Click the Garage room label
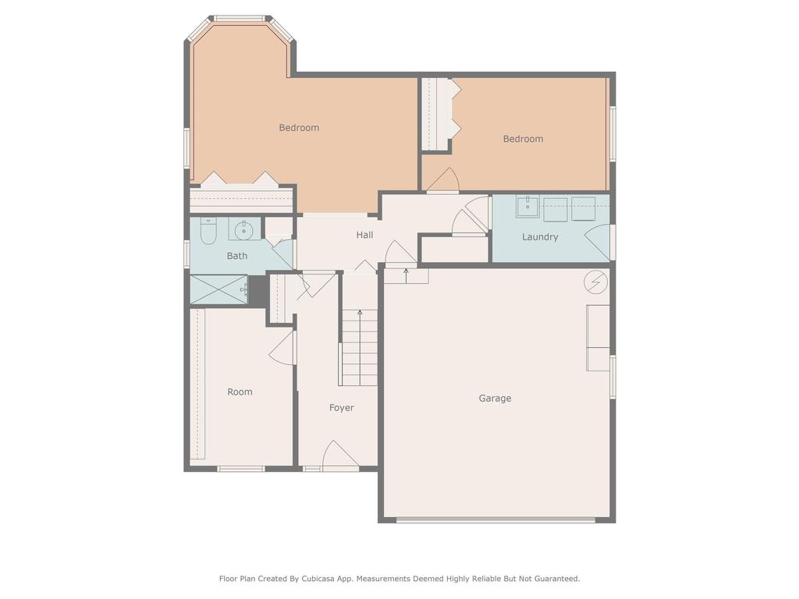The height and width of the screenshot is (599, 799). coord(495,399)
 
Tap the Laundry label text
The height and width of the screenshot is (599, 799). coord(540,237)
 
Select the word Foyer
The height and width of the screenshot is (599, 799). coord(341,408)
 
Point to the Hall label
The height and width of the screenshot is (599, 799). coord(364,235)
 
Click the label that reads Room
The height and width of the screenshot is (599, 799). coord(240,392)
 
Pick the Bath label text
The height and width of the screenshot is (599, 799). coord(237,256)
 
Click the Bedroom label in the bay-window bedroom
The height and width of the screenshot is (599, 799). coord(299,128)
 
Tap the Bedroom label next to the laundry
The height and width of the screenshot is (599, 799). coord(523,139)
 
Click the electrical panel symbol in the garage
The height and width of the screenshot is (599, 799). coord(596,282)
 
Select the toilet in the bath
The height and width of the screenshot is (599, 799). coord(208,231)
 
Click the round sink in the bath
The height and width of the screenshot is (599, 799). coord(245,229)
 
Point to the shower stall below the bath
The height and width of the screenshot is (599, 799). coord(218,289)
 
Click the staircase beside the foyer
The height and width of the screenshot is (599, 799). coord(360,348)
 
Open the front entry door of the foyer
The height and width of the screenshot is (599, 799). coord(340,457)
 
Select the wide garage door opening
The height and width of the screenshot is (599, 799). coord(495,519)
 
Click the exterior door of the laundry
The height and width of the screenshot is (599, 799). coord(599,243)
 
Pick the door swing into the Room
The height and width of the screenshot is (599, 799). coord(282,349)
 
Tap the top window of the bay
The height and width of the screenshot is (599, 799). coord(240,18)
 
